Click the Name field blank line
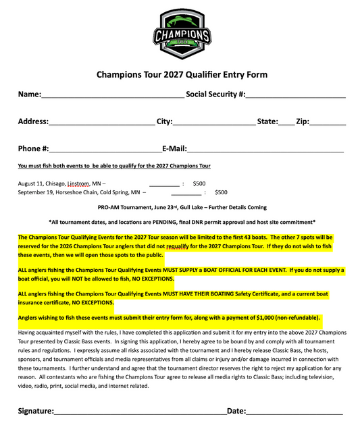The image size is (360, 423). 112,96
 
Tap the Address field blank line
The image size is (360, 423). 101,123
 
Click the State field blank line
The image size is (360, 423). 286,123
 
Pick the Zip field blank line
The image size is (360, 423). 328,123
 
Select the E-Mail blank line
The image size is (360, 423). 265,150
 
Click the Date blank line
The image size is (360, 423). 294,412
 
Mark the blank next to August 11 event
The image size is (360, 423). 164,184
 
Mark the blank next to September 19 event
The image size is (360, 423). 186,193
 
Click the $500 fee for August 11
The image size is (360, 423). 199,183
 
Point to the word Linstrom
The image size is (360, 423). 78,184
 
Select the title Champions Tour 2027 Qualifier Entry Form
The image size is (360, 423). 182,75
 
